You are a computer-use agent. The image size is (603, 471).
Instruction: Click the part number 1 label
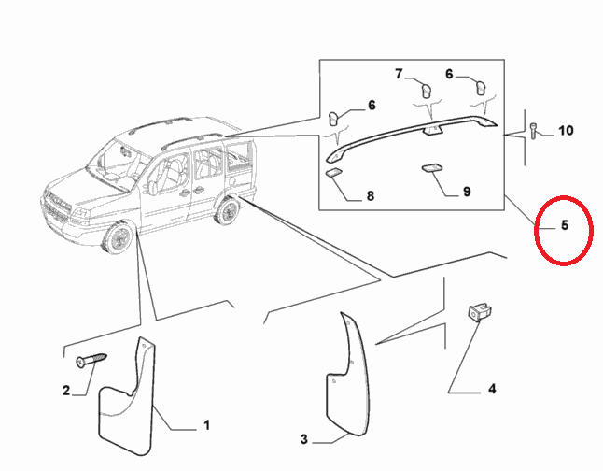(x=206, y=425)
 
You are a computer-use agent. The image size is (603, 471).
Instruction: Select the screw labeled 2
(x=91, y=360)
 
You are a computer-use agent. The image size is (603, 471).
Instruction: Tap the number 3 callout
(x=303, y=439)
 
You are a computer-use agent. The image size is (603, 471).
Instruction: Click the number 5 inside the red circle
(x=564, y=225)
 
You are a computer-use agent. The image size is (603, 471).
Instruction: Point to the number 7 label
(x=399, y=73)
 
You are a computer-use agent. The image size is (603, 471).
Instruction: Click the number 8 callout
(x=371, y=195)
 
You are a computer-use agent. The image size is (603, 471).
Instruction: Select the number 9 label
(x=467, y=192)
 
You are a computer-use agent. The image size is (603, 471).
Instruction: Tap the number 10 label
(x=566, y=131)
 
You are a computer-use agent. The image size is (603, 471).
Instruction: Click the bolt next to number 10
(x=534, y=131)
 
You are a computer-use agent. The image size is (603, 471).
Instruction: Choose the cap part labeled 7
(x=426, y=90)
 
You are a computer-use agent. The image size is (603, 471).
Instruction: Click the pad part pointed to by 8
(x=333, y=173)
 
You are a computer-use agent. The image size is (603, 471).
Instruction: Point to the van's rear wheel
(x=227, y=210)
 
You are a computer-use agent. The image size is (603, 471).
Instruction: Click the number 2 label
(x=66, y=390)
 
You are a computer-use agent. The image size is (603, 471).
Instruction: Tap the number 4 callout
(x=492, y=389)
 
